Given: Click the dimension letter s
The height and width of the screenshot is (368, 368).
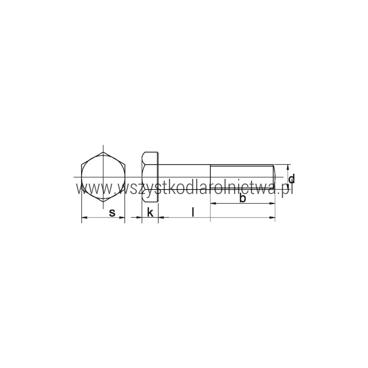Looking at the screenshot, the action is pyautogui.click(x=112, y=213).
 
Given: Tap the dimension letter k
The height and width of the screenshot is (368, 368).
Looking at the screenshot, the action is pyautogui.click(x=150, y=212).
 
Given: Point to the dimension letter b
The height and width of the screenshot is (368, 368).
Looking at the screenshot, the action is pyautogui.click(x=243, y=198).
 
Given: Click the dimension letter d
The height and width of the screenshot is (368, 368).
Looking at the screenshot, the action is pyautogui.click(x=291, y=179).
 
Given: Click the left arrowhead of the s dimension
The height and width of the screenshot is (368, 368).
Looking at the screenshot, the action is pyautogui.click(x=84, y=217).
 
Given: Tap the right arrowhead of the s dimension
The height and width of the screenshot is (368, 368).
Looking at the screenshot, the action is pyautogui.click(x=122, y=217).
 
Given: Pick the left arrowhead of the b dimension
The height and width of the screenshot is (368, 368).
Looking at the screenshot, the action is pyautogui.click(x=213, y=203).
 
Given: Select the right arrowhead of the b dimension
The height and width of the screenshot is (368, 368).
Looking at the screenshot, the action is pyautogui.click(x=272, y=203).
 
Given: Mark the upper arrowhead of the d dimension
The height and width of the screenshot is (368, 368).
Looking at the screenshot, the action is pyautogui.click(x=288, y=167).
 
